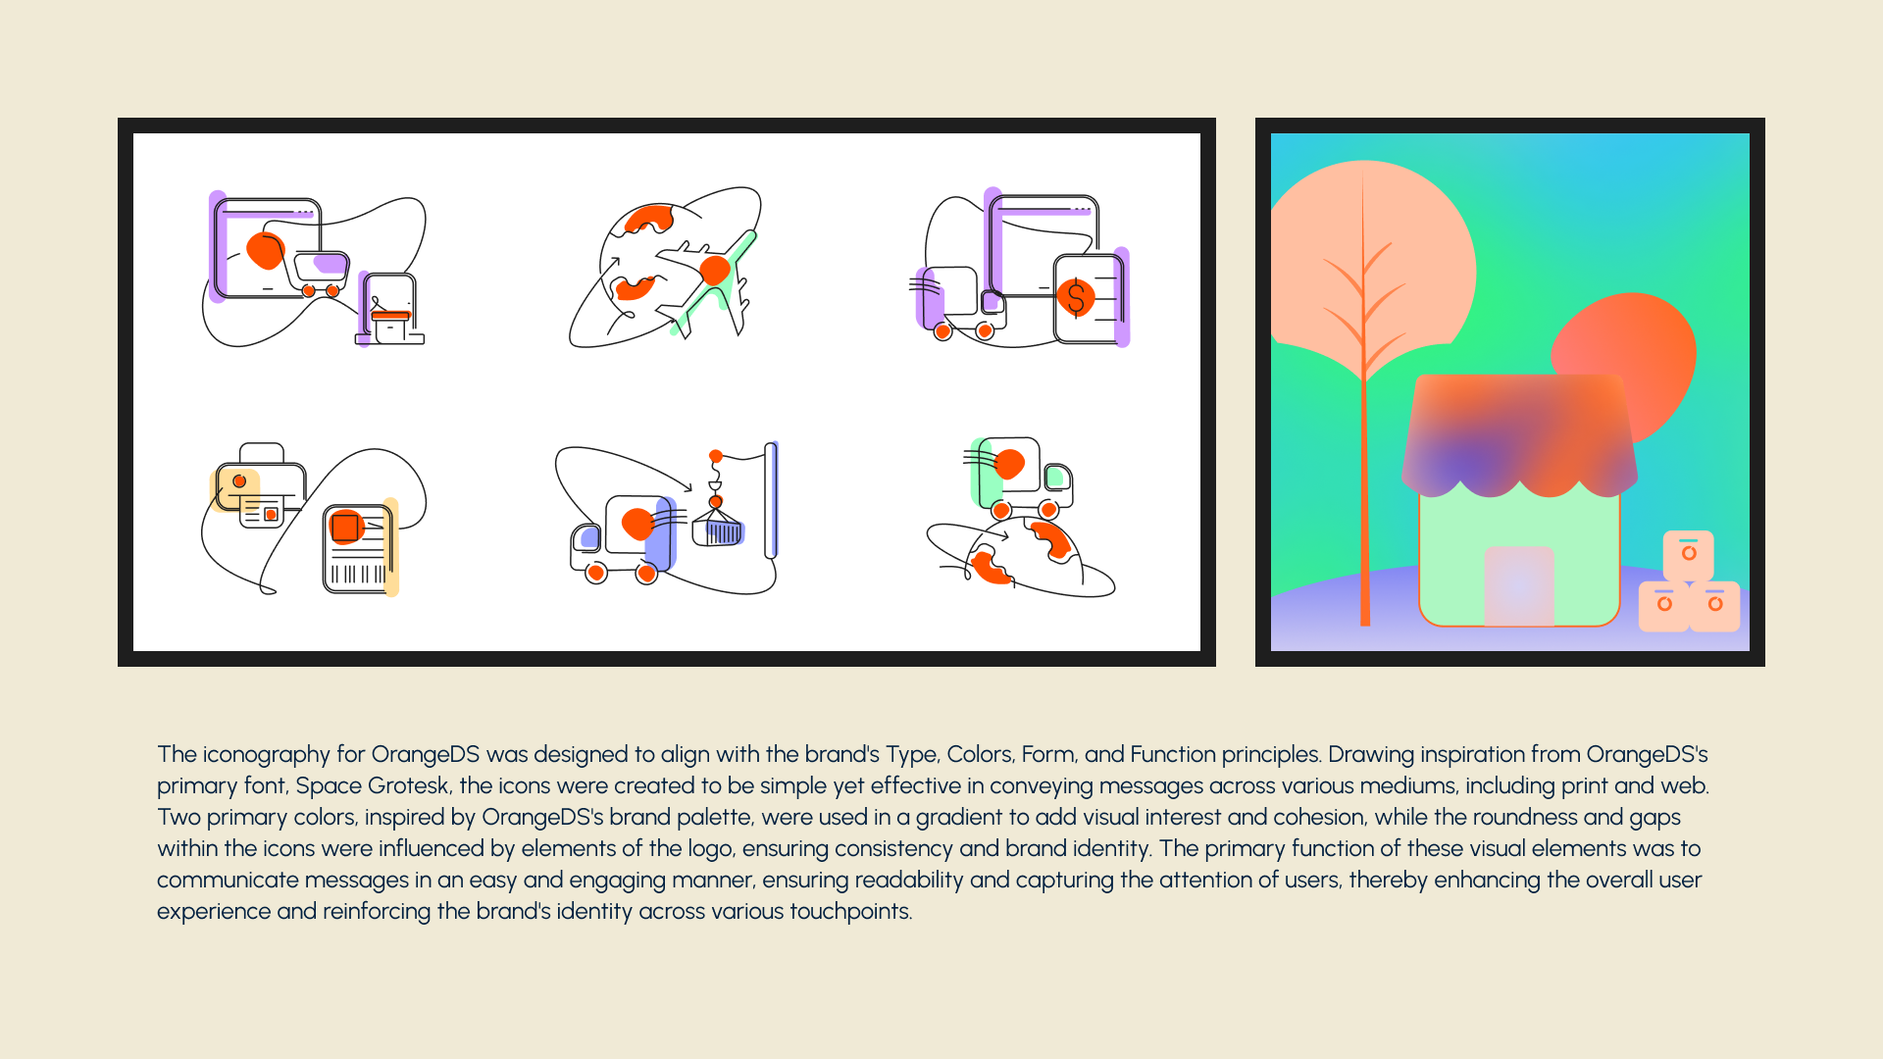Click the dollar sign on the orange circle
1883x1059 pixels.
pos(1076,297)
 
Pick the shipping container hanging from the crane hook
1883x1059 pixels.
pos(718,529)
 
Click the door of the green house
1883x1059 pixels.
pos(1519,585)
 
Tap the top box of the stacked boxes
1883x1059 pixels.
pos(1688,554)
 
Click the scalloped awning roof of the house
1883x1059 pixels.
pos(1519,434)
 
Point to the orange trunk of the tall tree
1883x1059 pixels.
pos(1364,441)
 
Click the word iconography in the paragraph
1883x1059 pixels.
pos(267,754)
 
